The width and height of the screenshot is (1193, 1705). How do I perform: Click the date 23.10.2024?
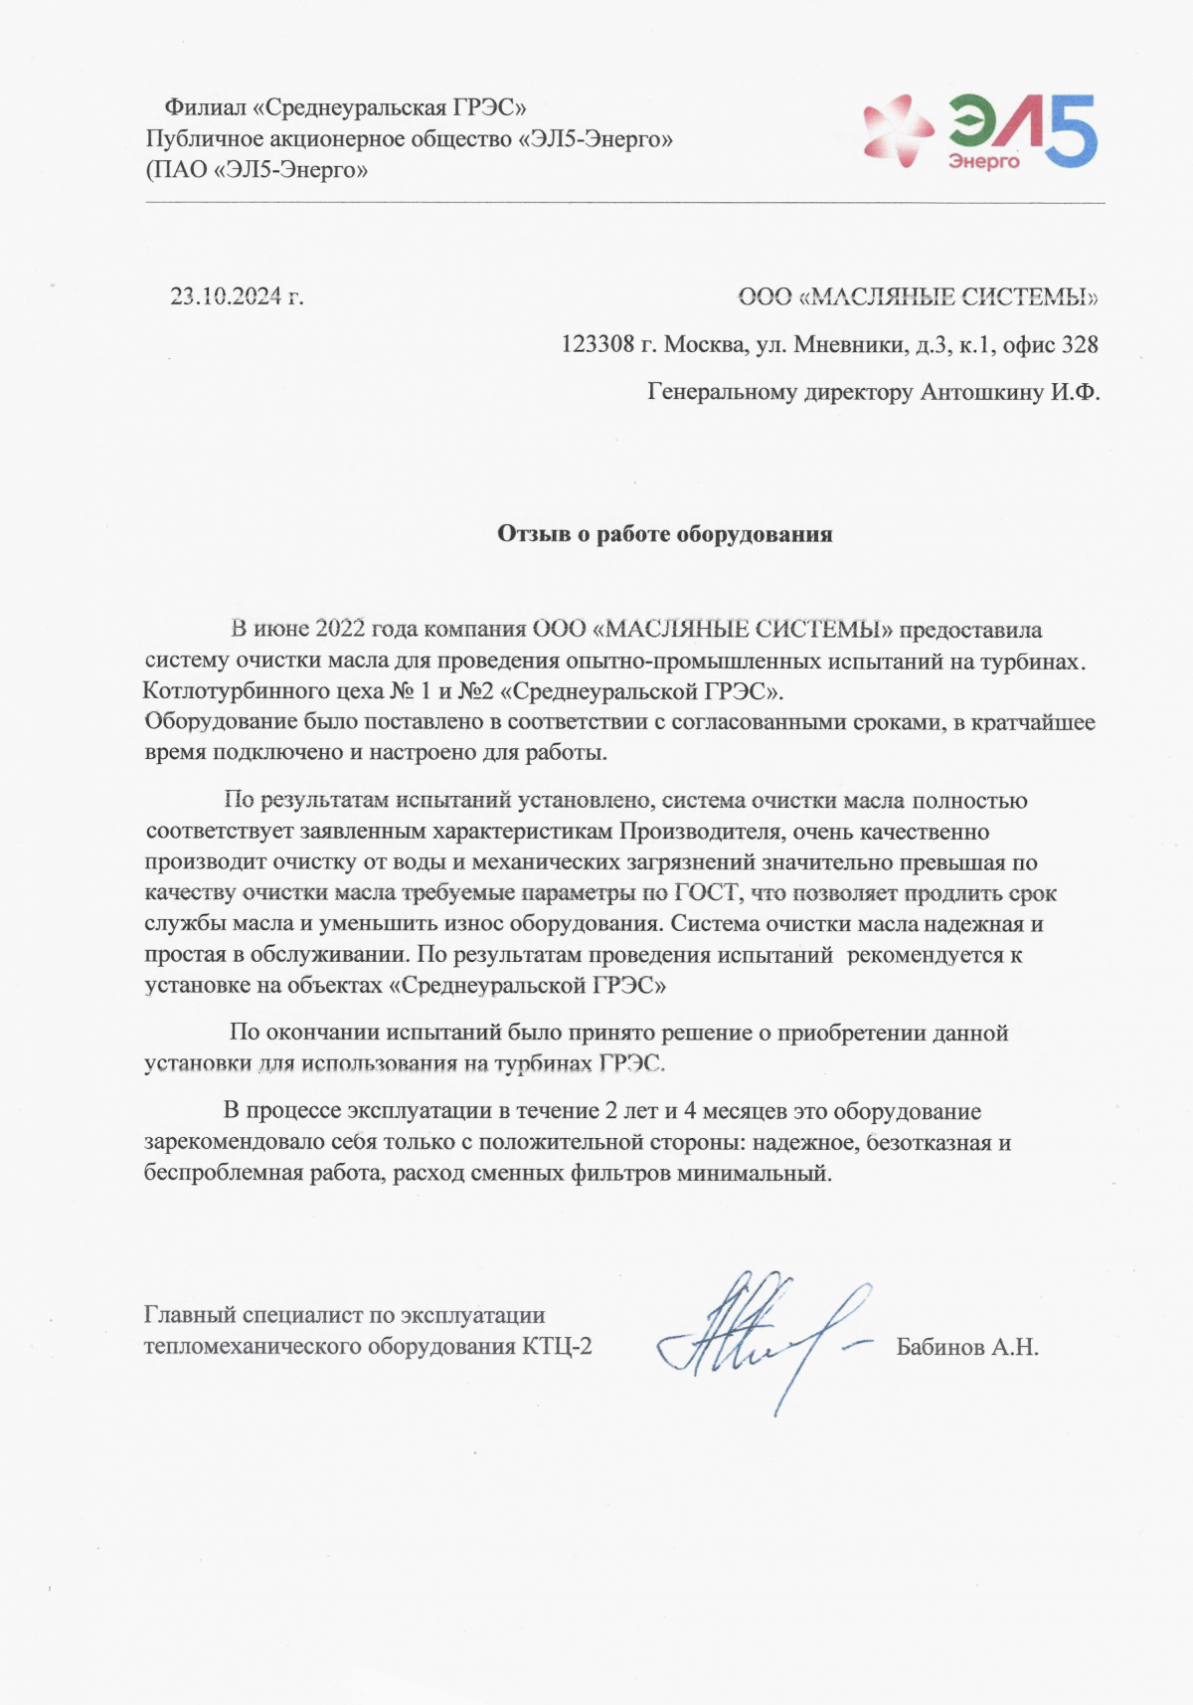click(227, 296)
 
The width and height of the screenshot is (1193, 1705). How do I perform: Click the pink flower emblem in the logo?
click(898, 130)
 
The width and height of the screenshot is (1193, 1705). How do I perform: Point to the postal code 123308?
click(597, 345)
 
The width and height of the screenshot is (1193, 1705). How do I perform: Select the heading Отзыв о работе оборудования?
click(664, 534)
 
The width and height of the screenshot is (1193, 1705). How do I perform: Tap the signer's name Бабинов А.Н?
click(967, 1348)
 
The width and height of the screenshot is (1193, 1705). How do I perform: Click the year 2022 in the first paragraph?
click(341, 629)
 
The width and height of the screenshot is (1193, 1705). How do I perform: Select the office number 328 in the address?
click(1080, 345)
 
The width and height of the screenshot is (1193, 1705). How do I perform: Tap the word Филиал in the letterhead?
click(205, 107)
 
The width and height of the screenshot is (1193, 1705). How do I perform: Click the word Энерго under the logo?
click(983, 161)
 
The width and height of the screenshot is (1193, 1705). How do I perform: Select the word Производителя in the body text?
click(702, 832)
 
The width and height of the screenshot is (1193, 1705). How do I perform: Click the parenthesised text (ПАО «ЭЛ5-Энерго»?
click(257, 170)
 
